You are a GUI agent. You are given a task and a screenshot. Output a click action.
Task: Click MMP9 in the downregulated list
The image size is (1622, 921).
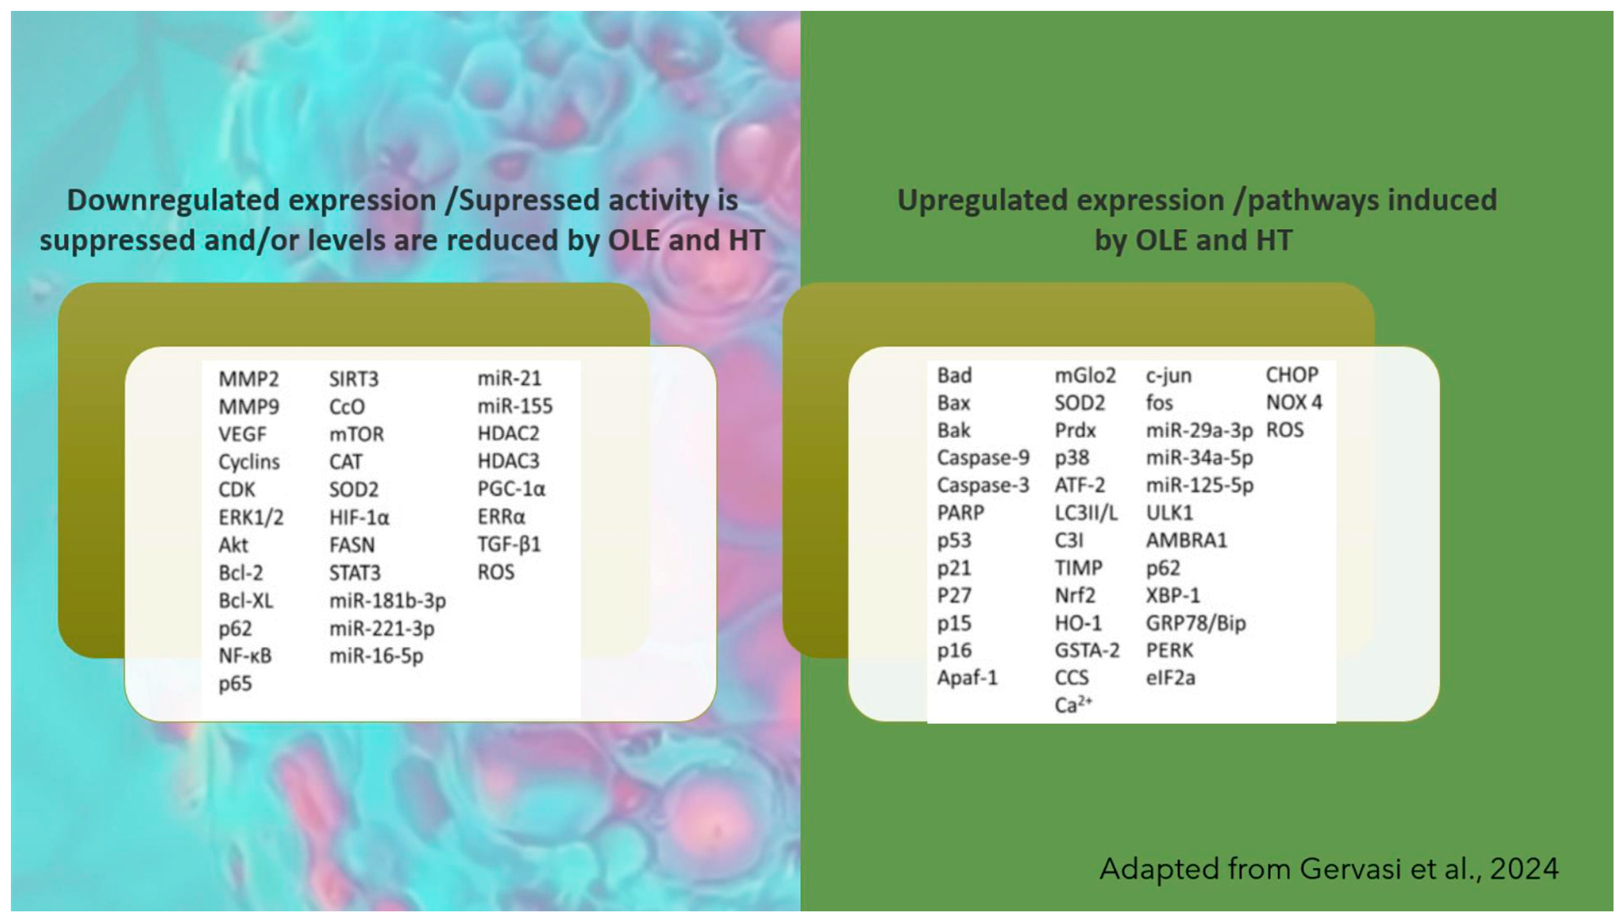[248, 406]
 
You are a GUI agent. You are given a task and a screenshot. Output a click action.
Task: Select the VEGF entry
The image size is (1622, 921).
[242, 434]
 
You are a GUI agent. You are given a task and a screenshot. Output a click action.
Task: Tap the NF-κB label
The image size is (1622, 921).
[245, 655]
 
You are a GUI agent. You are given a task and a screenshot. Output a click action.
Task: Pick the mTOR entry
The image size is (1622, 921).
[356, 434]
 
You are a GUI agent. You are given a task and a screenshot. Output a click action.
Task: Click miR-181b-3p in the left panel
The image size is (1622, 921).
[387, 600]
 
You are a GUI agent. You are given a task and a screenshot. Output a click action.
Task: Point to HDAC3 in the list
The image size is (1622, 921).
[508, 461]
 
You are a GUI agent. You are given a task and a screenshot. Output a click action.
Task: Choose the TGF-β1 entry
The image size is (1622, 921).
[509, 545]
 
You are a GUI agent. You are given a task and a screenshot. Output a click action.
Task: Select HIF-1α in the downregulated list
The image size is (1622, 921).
[359, 517]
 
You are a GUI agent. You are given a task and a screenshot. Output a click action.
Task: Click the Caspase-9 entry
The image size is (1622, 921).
[983, 457]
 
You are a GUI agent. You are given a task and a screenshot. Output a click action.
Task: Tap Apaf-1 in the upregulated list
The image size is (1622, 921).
[967, 678]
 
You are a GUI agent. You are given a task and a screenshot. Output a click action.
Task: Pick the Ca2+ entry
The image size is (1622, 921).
[1073, 704]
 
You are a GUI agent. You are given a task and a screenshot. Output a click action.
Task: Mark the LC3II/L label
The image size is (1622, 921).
[1086, 513]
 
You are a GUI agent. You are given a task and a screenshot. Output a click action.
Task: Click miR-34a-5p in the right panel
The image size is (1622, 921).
[1199, 457]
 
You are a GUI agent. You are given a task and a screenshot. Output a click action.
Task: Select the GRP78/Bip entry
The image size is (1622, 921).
[1195, 623]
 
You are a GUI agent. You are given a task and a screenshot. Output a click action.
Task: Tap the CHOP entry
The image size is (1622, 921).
[1291, 375]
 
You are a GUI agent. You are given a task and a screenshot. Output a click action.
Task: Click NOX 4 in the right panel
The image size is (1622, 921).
[1294, 402]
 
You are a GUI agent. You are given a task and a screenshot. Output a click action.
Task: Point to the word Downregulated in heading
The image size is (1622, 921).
[173, 200]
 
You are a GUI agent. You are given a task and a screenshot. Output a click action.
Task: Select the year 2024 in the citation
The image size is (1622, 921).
[1523, 868]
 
